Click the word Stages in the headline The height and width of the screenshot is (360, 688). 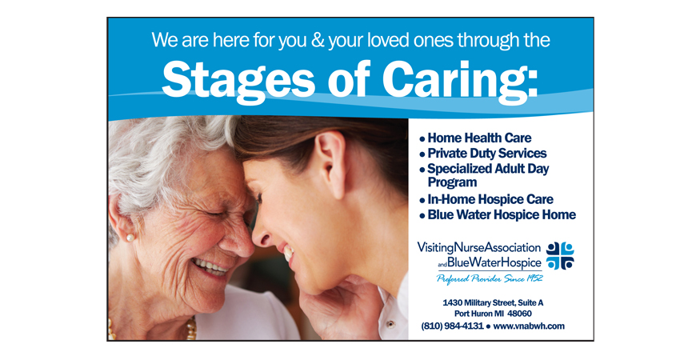click(x=238, y=81)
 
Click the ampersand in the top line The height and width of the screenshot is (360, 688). click(x=317, y=40)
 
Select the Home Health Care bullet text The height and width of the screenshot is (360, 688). click(x=479, y=138)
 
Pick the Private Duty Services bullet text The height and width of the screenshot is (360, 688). click(x=487, y=154)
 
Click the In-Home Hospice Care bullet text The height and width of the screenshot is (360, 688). click(x=490, y=199)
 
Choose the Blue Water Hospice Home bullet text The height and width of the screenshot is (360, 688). click(x=502, y=214)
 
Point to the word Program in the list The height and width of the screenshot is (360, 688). click(x=452, y=182)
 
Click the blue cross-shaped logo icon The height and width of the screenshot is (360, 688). click(x=560, y=255)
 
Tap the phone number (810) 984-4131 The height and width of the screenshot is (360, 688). click(x=452, y=326)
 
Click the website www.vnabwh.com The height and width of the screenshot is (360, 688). click(x=529, y=326)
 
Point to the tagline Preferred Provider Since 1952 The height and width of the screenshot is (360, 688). click(x=490, y=278)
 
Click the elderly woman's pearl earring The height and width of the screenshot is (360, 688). click(x=130, y=238)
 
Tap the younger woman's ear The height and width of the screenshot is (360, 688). click(x=331, y=164)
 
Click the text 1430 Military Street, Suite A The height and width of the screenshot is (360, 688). click(x=493, y=302)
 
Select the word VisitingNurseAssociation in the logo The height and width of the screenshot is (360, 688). click(x=478, y=248)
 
